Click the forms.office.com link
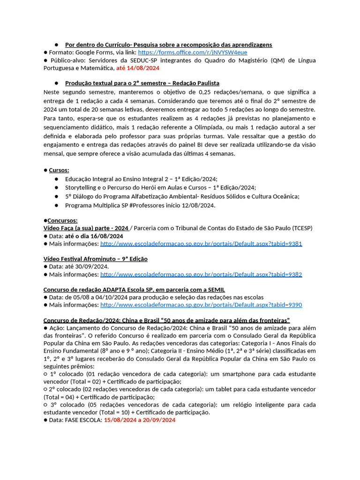pos(192,52)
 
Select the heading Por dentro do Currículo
pos(168,45)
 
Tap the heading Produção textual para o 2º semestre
pos(142,83)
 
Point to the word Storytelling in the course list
pos(82,187)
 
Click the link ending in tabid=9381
pos(201,244)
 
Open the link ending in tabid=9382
pos(201,274)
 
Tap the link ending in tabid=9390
pos(201,305)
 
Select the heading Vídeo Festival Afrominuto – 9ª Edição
pos(95,259)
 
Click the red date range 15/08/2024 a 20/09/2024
pos(140,420)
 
